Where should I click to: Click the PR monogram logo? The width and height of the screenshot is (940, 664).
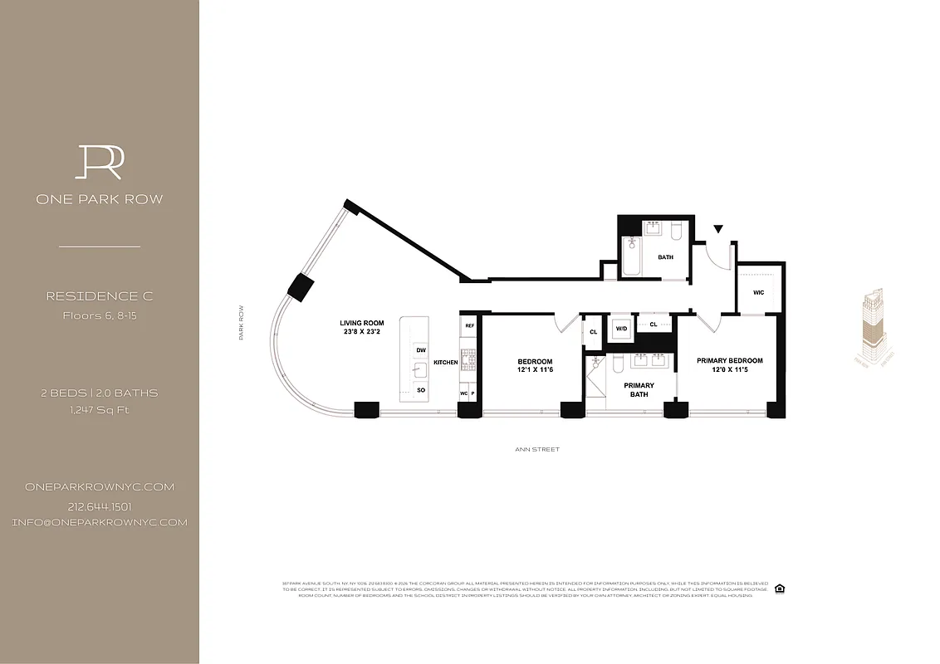[x=99, y=162]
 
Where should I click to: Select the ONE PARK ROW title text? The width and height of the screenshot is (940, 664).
[x=99, y=199]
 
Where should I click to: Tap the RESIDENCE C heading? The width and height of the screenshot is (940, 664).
[x=99, y=296]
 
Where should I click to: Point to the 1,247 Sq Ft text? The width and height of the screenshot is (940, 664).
[x=99, y=409]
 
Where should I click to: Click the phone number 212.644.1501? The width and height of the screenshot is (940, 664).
[x=99, y=506]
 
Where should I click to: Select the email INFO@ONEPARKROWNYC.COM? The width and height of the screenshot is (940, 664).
[x=99, y=522]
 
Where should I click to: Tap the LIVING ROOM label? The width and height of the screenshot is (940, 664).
[x=361, y=323]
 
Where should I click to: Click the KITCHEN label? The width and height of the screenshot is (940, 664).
[x=445, y=363]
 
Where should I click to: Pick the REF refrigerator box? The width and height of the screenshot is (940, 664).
[x=469, y=325]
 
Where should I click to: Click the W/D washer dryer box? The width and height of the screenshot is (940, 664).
[x=621, y=328]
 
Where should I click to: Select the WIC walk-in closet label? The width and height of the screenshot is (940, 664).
[x=758, y=292]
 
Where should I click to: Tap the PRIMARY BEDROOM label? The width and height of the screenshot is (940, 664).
[x=729, y=361]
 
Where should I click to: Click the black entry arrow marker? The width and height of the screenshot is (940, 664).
[x=717, y=228]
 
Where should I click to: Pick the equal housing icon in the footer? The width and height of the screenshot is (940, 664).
[x=779, y=588]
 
